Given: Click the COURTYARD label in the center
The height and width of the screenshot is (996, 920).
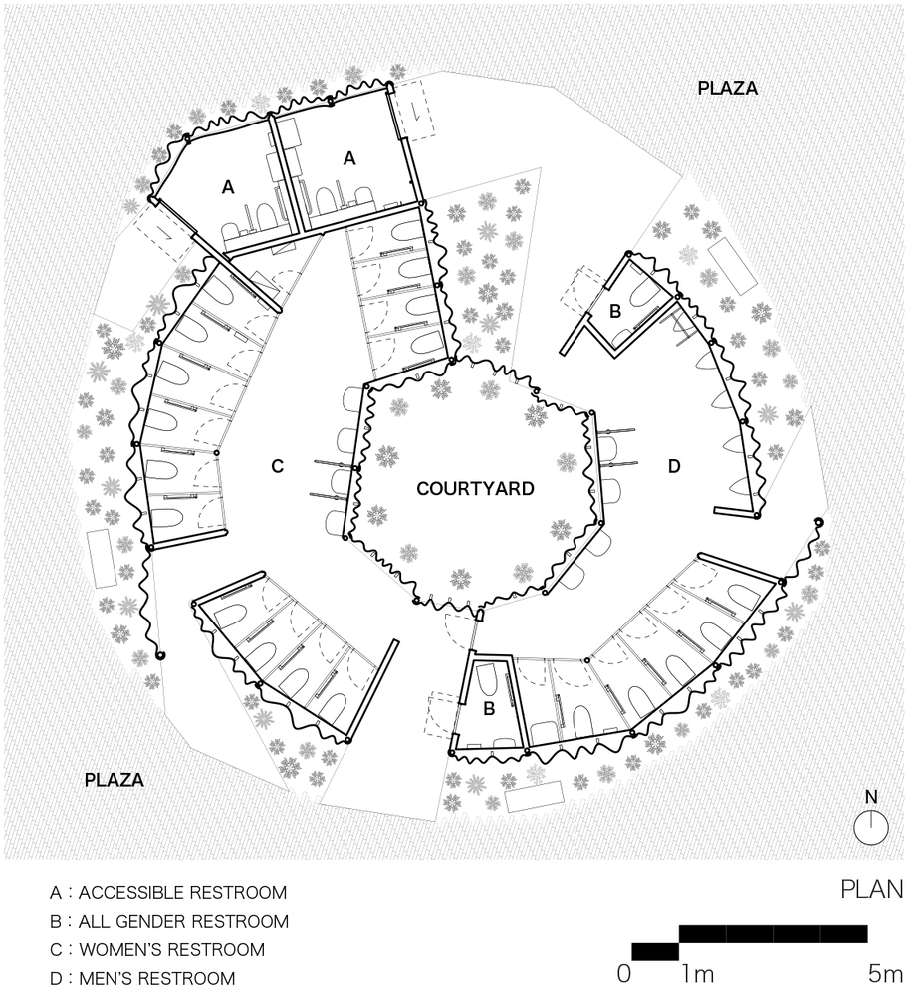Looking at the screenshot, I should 475,489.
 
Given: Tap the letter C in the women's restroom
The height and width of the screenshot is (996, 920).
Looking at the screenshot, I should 278,465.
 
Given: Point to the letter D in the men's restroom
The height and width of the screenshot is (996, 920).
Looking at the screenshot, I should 674,465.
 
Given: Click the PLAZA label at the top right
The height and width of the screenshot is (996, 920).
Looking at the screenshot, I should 727,88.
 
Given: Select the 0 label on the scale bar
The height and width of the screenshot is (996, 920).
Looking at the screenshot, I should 624,972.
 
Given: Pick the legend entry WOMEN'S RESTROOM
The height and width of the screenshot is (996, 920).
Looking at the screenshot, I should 159,949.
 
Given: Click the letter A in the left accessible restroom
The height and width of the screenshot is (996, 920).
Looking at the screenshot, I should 228,186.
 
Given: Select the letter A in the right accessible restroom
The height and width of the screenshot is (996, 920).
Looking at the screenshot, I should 349,157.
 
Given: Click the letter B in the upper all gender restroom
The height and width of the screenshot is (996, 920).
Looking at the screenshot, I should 615,311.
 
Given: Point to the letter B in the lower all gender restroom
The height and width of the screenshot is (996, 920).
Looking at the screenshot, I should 489,709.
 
